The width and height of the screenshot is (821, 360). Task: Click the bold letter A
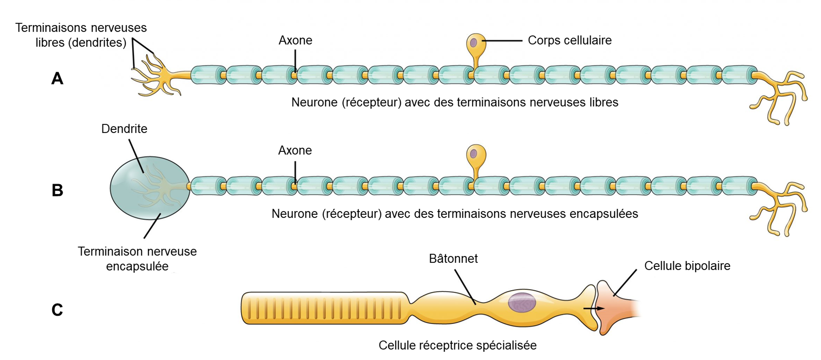coord(57,78)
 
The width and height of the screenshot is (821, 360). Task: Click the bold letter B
coord(57,190)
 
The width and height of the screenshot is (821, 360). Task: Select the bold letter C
coord(57,310)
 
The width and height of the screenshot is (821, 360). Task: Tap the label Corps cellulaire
coord(569,40)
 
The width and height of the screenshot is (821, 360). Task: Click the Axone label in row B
coord(295,150)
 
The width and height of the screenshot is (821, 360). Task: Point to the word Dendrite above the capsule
coord(124,129)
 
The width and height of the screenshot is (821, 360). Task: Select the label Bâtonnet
coord(453,259)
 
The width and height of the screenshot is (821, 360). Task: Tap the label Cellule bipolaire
coord(687,266)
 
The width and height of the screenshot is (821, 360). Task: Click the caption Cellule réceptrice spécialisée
coord(457,345)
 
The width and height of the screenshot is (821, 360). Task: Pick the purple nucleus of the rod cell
coord(522,302)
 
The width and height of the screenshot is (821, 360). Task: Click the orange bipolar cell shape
coord(614,307)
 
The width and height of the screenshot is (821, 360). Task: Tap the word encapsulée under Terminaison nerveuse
coord(137,266)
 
